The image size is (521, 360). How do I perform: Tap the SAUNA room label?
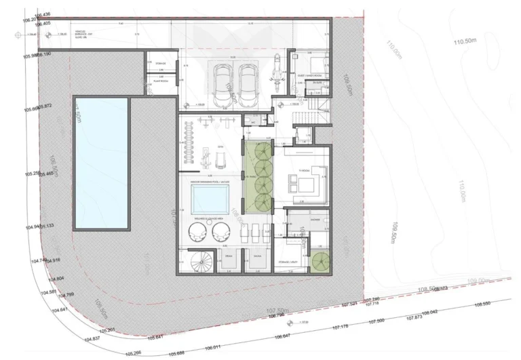point(257,256)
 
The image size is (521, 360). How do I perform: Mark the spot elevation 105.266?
point(134,353)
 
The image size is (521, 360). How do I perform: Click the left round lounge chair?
point(192,233)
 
